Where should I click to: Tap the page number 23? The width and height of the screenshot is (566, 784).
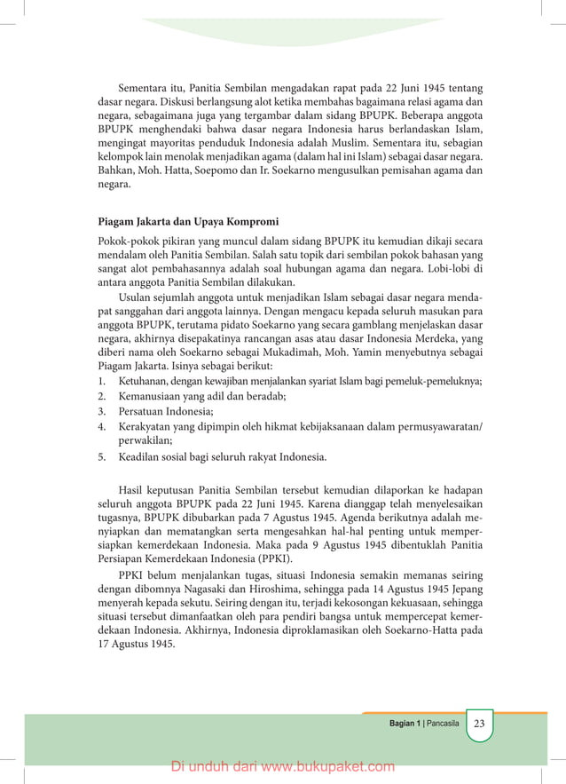pos(479,724)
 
